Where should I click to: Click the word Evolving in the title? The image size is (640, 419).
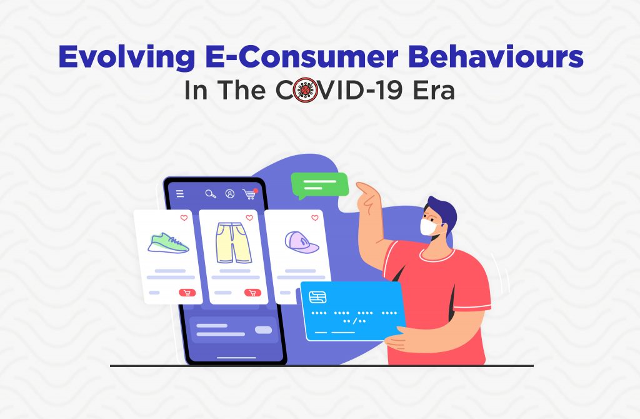click(x=127, y=58)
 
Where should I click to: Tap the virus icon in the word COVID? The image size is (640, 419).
click(x=305, y=90)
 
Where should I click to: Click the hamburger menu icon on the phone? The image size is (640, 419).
click(x=180, y=194)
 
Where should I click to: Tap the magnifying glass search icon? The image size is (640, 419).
click(x=211, y=194)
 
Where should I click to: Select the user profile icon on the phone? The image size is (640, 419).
click(x=230, y=194)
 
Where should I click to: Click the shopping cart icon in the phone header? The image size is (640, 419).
click(x=249, y=194)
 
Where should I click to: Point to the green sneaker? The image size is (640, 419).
click(x=168, y=243)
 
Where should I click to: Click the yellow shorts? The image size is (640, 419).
click(x=234, y=243)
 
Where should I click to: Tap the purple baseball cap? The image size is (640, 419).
click(x=301, y=242)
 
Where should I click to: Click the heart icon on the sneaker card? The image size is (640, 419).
click(x=184, y=218)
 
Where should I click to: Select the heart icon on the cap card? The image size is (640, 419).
click(x=315, y=218)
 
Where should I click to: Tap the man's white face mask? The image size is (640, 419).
click(x=429, y=227)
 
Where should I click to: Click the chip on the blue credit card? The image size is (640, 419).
click(x=317, y=297)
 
